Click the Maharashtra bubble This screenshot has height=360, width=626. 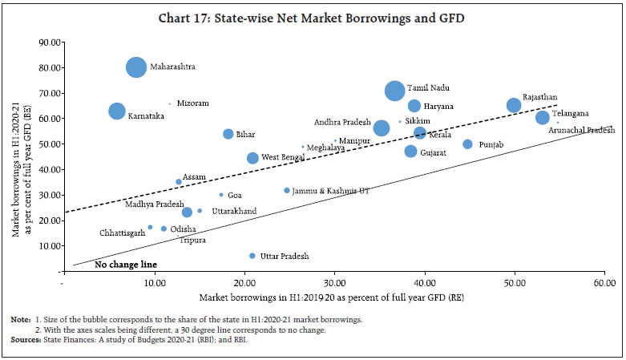click(136, 67)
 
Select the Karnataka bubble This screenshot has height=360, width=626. click(117, 111)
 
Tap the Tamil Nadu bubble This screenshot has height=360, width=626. click(394, 91)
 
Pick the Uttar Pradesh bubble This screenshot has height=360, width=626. click(252, 256)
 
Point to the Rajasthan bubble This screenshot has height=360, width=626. click(514, 105)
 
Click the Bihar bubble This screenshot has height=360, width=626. click(228, 134)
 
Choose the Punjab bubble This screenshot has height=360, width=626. click(467, 144)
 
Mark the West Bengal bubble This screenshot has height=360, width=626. click(252, 158)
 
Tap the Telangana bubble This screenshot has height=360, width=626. click(543, 118)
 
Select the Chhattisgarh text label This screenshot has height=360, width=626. click(123, 233)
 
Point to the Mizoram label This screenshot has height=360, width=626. click(192, 103)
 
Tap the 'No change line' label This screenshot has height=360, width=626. click(125, 264)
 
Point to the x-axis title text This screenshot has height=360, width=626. click(333, 297)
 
